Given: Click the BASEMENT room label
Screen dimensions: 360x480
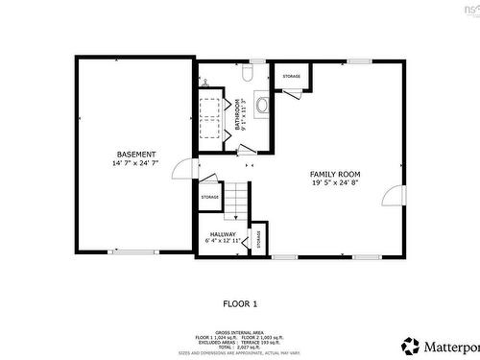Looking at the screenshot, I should [135, 155].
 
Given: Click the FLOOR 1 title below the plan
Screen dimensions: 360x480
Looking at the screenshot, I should [240, 303].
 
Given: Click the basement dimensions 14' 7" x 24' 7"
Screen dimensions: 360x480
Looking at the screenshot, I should [135, 163].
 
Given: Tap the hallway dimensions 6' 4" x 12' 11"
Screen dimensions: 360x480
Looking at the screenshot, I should [223, 241].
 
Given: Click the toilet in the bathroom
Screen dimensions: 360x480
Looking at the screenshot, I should [247, 72].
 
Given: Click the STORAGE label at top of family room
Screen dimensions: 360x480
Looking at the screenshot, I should [291, 76].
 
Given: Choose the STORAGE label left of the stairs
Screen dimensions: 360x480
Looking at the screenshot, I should [209, 197].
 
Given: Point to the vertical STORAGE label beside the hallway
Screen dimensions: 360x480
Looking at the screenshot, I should [258, 240].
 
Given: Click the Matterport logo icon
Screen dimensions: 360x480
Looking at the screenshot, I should [410, 344].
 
